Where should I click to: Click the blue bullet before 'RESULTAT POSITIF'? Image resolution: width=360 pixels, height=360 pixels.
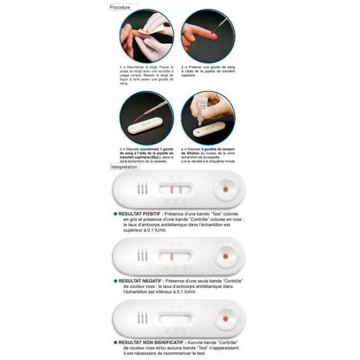pyautogui.click(x=116, y=213)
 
